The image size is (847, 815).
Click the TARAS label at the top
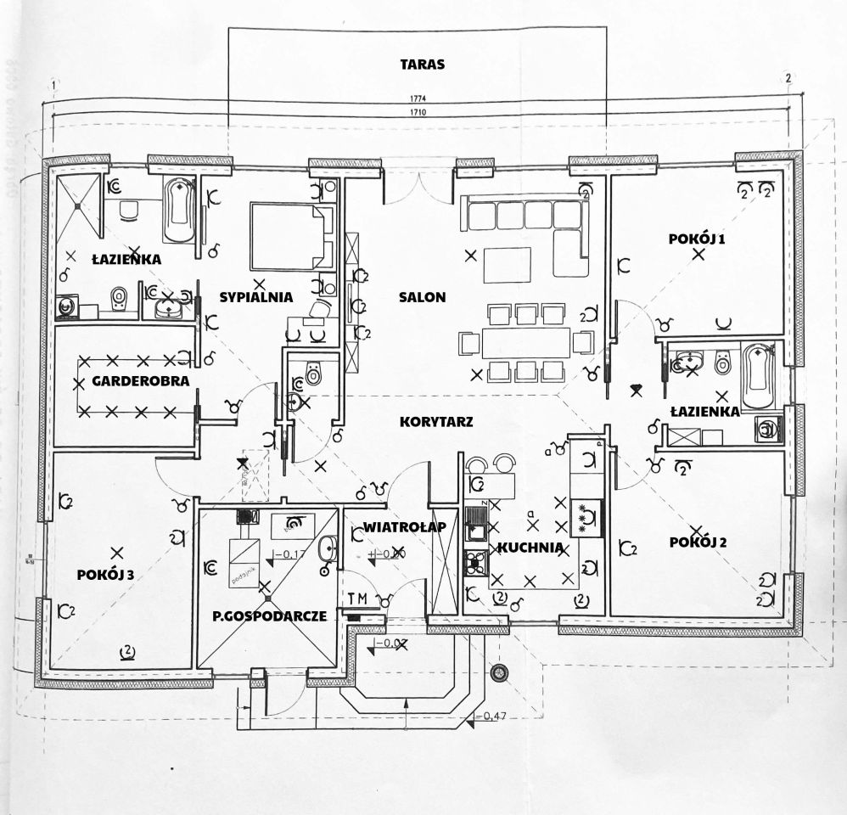[x=422, y=64]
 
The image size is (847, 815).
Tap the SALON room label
[x=422, y=297]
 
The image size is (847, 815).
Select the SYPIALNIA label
[x=256, y=297]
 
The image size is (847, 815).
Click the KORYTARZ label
[x=436, y=421]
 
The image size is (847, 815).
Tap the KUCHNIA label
[x=529, y=548]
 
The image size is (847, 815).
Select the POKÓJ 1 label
[x=697, y=240]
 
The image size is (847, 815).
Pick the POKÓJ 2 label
[x=698, y=542]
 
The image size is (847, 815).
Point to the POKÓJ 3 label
[x=105, y=575]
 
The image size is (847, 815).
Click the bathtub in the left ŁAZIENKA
[x=177, y=211]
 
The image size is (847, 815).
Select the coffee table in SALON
[x=508, y=264]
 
